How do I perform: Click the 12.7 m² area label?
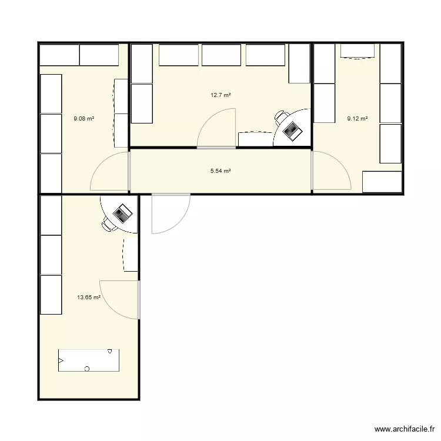click(220, 95)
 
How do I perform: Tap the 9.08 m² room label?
click(84, 119)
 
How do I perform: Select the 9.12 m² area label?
click(358, 119)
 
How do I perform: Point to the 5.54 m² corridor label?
click(220, 171)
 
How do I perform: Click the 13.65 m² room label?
click(89, 297)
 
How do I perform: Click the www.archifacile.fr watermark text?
click(405, 429)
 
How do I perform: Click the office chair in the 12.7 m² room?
click(281, 118)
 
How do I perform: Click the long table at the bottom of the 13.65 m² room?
click(89, 360)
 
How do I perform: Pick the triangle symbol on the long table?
click(61, 360)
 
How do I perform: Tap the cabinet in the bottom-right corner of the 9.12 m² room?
click(382, 182)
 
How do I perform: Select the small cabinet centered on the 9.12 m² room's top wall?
click(358, 51)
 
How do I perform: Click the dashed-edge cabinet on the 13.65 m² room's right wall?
click(131, 255)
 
